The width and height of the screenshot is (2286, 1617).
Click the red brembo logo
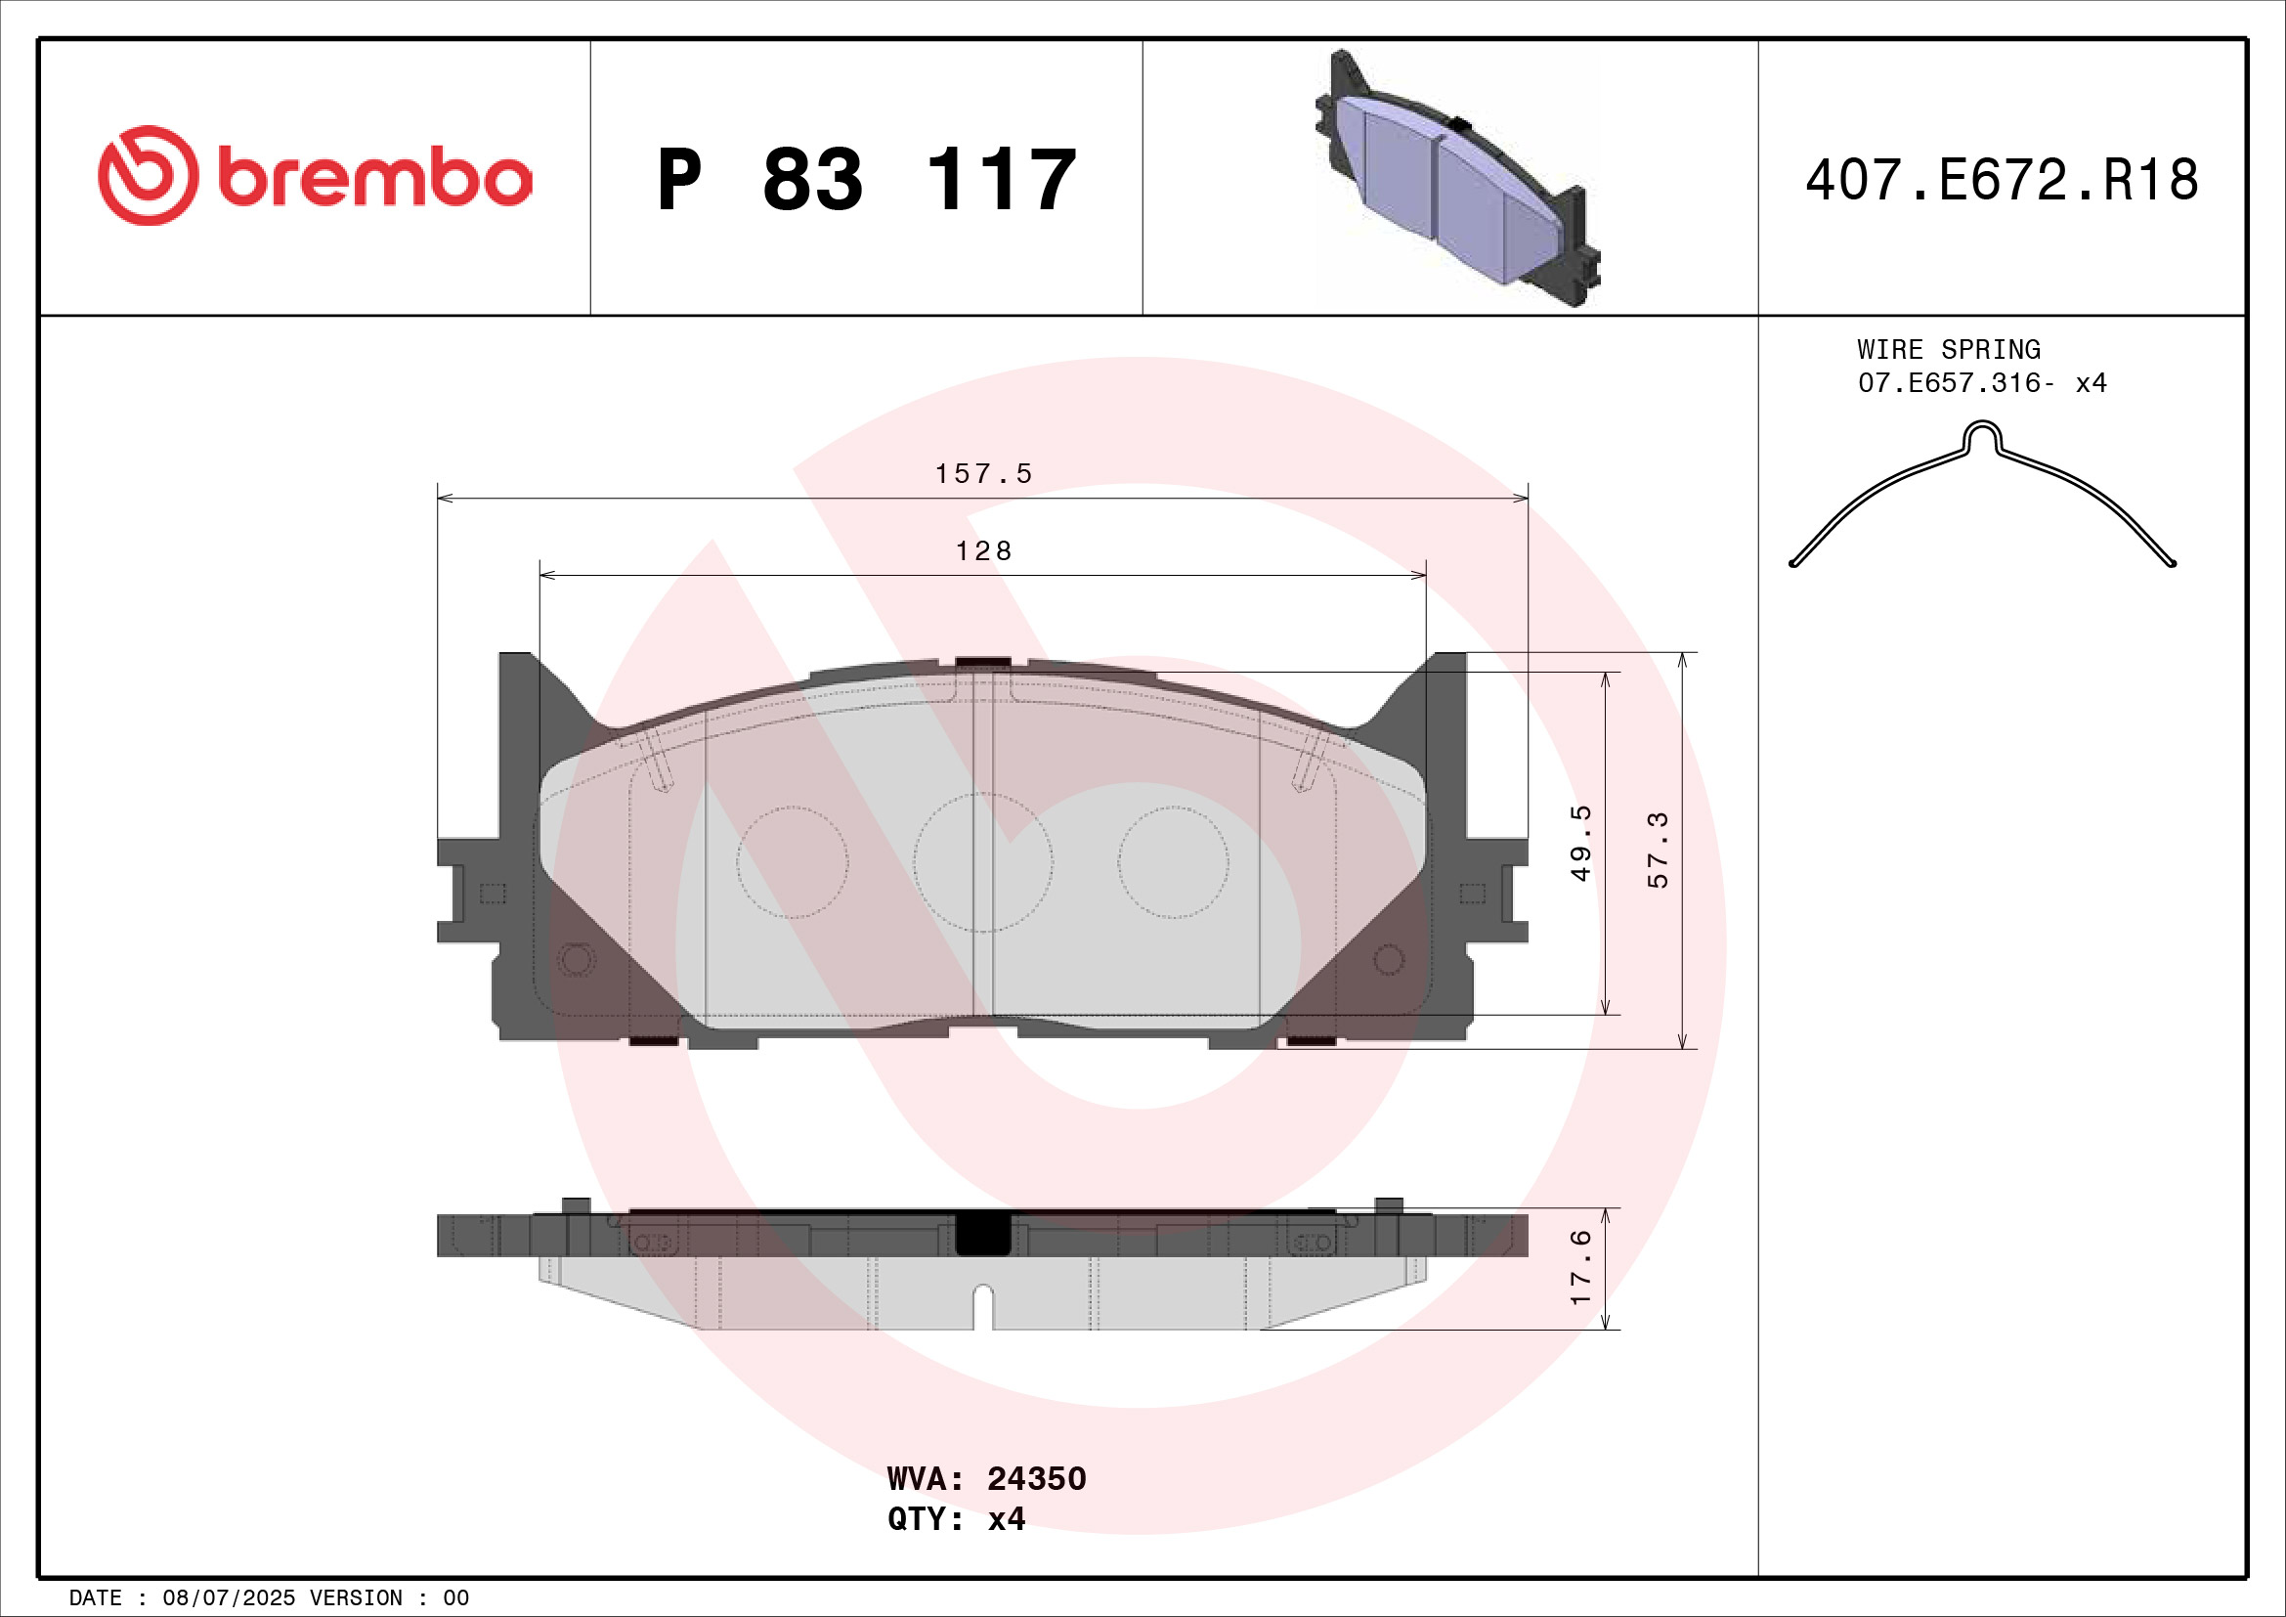coord(315,176)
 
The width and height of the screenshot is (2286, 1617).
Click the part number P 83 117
coord(866,180)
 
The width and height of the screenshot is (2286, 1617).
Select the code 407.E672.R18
coord(2002,180)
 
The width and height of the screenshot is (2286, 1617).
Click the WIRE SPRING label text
coord(1948,349)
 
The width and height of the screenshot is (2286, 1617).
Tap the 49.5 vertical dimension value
coord(1581,844)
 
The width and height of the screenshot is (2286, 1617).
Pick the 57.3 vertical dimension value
coord(1658,850)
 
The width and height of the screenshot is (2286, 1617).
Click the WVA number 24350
coord(1035,1478)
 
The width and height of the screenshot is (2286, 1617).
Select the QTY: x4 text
coord(956,1518)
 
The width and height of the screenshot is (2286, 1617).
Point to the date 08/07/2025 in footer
coord(228,1598)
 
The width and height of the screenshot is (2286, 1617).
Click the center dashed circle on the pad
coord(982,862)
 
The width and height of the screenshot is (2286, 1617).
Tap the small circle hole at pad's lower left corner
coord(577,960)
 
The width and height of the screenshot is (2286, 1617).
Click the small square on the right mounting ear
coord(1472,894)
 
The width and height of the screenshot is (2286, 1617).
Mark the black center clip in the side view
coord(982,1234)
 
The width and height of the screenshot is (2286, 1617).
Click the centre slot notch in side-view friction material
coord(982,1305)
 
